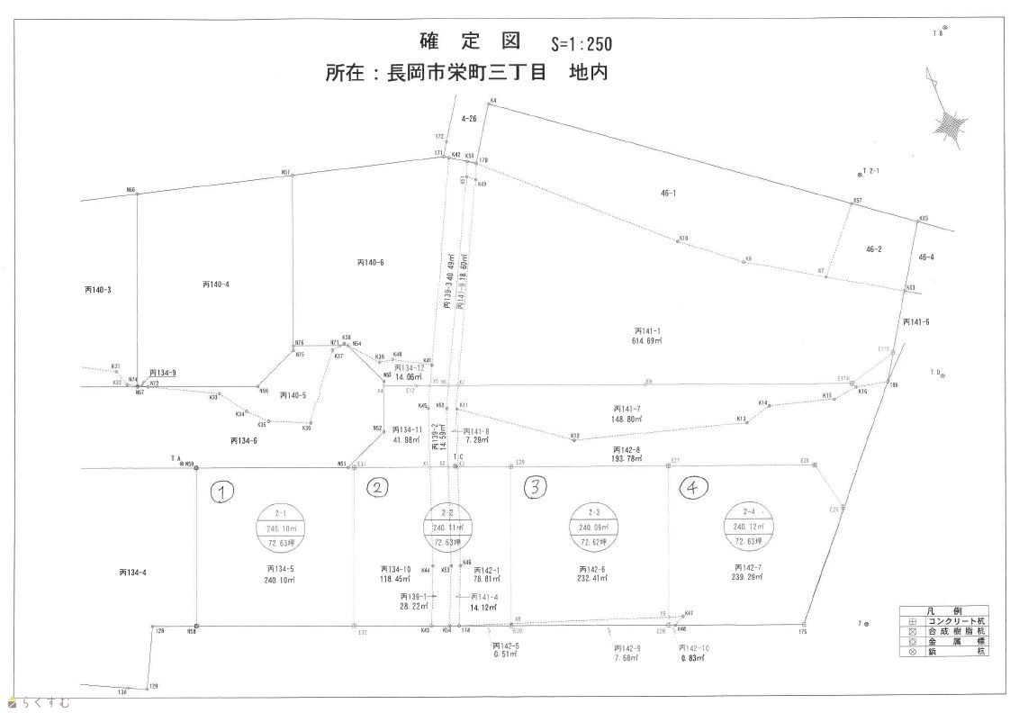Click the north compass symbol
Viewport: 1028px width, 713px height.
pyautogui.click(x=950, y=122)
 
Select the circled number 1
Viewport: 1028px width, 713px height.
pyautogui.click(x=222, y=491)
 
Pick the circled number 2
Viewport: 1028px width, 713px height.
pyautogui.click(x=378, y=488)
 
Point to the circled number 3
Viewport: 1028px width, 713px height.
pyautogui.click(x=536, y=488)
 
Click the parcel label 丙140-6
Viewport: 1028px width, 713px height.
pyautogui.click(x=370, y=262)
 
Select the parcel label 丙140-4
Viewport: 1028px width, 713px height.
pyautogui.click(x=216, y=284)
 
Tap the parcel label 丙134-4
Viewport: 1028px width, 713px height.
pyautogui.click(x=132, y=572)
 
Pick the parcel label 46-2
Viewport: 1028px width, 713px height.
pyautogui.click(x=873, y=248)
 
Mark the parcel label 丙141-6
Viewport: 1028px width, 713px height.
pyautogui.click(x=915, y=322)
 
